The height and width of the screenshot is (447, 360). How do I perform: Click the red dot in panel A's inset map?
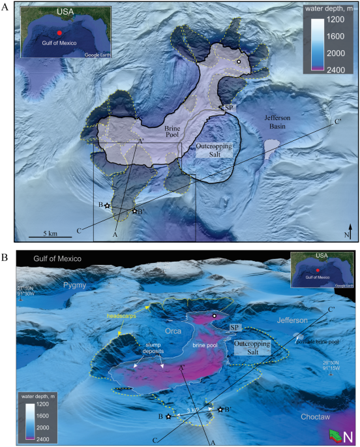coord(59,32)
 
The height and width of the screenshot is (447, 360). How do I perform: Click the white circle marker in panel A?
coord(239,61)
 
